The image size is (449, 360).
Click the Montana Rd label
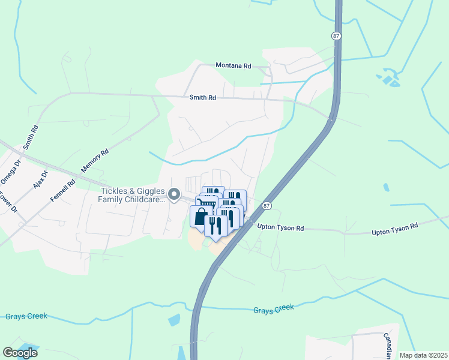pyautogui.click(x=234, y=66)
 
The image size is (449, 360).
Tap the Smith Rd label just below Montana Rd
pyautogui.click(x=202, y=97)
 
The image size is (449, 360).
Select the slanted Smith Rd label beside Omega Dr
pyautogui.click(x=31, y=137)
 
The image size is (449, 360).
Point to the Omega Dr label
pyautogui.click(x=11, y=170)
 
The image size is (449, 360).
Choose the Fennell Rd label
pyautogui.click(x=63, y=189)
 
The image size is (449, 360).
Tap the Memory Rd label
pyautogui.click(x=96, y=161)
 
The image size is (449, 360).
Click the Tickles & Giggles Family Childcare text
pyautogui.click(x=131, y=195)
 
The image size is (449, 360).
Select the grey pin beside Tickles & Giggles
pyautogui.click(x=174, y=194)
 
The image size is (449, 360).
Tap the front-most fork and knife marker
pyautogui.click(x=215, y=225)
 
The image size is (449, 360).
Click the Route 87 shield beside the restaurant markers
pyautogui.click(x=267, y=206)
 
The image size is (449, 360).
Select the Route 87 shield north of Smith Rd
pyautogui.click(x=336, y=36)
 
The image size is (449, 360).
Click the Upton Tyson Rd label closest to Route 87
pyautogui.click(x=281, y=227)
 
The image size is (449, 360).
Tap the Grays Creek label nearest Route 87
pyautogui.click(x=273, y=309)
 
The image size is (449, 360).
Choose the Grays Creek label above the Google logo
pyautogui.click(x=26, y=316)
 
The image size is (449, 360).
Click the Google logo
pyautogui.click(x=20, y=353)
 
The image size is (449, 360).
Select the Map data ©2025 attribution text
pyautogui.click(x=423, y=355)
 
